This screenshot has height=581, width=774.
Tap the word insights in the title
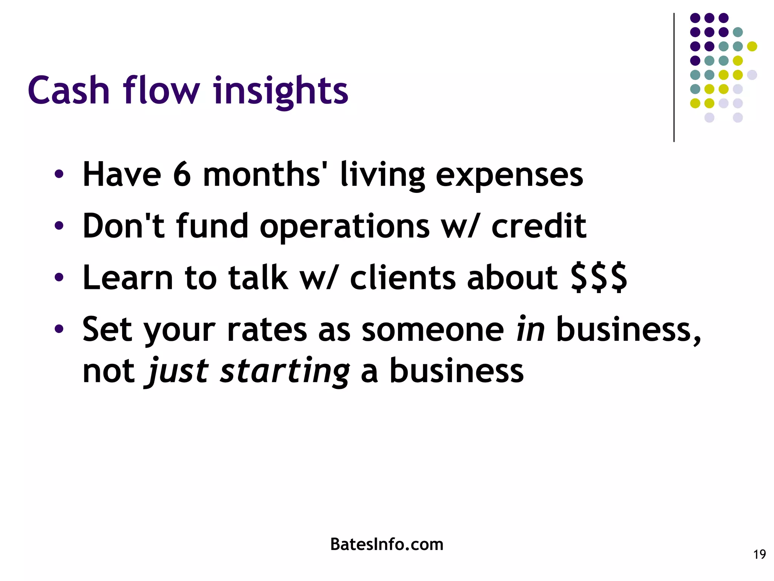coord(280,91)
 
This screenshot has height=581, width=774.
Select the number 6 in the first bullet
coord(182,175)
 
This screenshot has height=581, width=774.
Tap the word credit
coord(539,226)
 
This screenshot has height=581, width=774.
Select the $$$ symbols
coord(599,278)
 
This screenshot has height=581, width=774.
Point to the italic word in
coord(530,329)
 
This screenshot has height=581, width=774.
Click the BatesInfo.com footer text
coord(387,544)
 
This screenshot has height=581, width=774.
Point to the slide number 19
coord(759,555)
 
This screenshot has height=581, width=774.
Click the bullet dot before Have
coord(59,175)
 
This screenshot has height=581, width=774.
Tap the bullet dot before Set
coord(59,329)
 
